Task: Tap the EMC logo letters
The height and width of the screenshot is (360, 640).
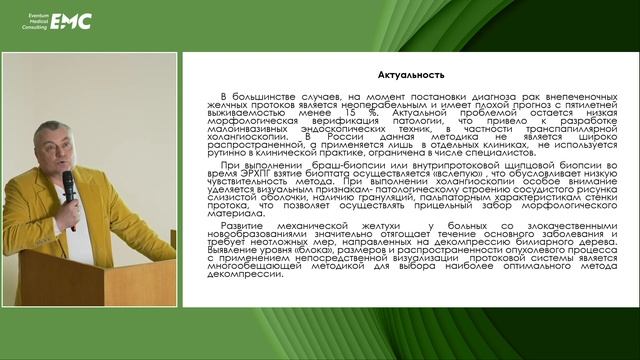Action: pos(71,20)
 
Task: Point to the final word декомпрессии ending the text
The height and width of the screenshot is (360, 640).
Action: pos(253,276)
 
